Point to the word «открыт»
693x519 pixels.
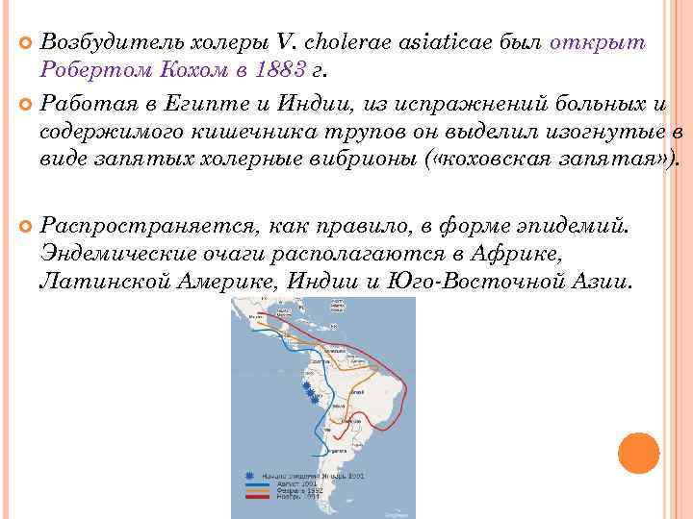[596, 42]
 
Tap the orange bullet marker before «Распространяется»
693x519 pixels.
[26, 226]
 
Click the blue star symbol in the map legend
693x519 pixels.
[251, 476]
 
